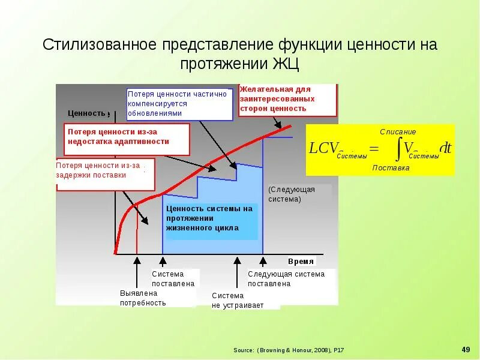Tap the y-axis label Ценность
[87, 113]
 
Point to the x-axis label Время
[301, 262]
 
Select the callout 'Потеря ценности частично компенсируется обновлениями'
[179, 103]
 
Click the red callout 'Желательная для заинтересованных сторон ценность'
[287, 100]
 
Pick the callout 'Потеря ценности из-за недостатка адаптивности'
[127, 137]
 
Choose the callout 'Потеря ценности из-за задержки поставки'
[105, 171]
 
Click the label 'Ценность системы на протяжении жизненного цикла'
[209, 218]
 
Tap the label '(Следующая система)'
[292, 194]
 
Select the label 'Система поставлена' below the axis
[173, 278]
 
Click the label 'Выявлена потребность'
[143, 298]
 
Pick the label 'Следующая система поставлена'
[286, 278]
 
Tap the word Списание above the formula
[398, 131]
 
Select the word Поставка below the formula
[391, 168]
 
